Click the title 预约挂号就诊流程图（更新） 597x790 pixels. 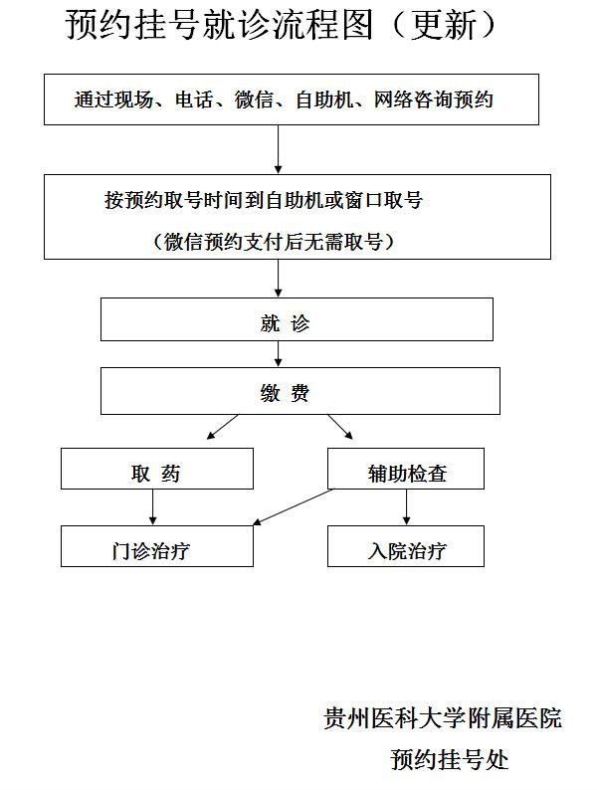tap(281, 25)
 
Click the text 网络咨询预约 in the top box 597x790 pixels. tap(433, 99)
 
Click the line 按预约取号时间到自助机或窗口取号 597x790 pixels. tap(264, 200)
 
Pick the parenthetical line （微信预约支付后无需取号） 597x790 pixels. tap(274, 242)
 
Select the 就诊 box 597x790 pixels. tap(297, 319)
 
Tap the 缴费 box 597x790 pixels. tap(300, 391)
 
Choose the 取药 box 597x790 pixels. tap(157, 469)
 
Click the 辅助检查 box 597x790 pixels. tap(406, 469)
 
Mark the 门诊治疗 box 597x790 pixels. tap(157, 546)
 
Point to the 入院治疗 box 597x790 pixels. tap(406, 546)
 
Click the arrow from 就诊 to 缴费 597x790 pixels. tap(278, 353)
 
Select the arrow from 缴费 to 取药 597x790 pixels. tap(223, 427)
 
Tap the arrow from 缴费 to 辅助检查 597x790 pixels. tap(340, 427)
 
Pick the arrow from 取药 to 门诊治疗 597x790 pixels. tap(153, 507)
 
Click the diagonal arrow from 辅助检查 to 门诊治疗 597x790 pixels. tap(293, 507)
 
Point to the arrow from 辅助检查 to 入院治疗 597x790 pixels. tap(407, 507)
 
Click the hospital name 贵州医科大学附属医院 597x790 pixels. tap(443, 718)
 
